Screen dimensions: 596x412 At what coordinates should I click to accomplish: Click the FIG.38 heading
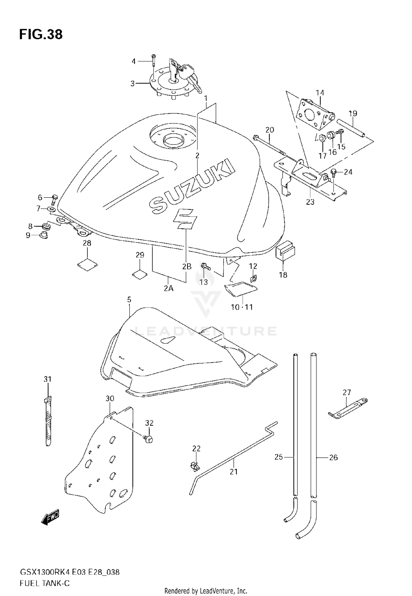pyautogui.click(x=41, y=35)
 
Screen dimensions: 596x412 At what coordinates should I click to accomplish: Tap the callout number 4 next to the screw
pyautogui.click(x=133, y=61)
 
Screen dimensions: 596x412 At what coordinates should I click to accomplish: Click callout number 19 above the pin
pyautogui.click(x=353, y=113)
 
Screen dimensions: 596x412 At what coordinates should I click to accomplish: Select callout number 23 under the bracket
pyautogui.click(x=310, y=202)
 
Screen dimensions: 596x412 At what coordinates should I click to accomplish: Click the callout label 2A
pyautogui.click(x=169, y=288)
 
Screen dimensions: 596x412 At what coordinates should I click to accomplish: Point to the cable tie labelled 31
pyautogui.click(x=48, y=420)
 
